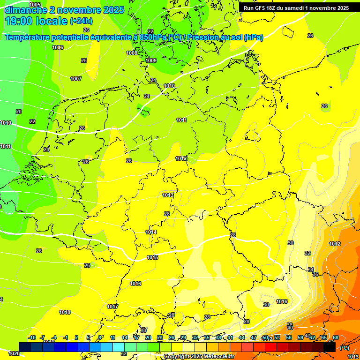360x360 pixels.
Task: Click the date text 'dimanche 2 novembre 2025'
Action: (64, 10)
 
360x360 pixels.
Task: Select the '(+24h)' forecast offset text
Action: (81, 21)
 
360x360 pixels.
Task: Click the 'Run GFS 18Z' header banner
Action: (296, 8)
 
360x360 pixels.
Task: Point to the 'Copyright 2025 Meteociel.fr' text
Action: (199, 357)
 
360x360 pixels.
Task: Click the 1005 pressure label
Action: (35, 5)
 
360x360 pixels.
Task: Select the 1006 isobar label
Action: (58, 47)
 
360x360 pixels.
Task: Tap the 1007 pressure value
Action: (76, 79)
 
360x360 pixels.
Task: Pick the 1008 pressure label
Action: (132, 53)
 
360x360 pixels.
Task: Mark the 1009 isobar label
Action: (151, 60)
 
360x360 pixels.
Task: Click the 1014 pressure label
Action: (151, 232)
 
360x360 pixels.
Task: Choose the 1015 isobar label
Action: (152, 257)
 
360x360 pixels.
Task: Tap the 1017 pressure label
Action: (112, 307)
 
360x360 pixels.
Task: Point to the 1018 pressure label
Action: (65, 312)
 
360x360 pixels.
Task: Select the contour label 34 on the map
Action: (310, 270)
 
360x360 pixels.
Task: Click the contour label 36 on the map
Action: (315, 275)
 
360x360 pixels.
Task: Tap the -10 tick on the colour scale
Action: (32, 337)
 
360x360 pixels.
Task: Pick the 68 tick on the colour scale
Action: (336, 337)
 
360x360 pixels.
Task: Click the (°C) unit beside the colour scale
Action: (344, 348)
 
